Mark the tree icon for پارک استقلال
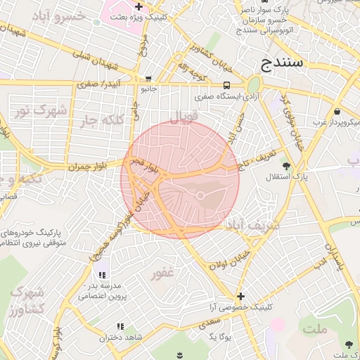coord(286,166)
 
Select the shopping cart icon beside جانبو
coord(148,79)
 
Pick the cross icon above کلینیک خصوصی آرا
coord(241,296)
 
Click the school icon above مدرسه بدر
coord(102,275)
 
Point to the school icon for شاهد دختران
coord(120,326)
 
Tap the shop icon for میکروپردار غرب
coord(337,111)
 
